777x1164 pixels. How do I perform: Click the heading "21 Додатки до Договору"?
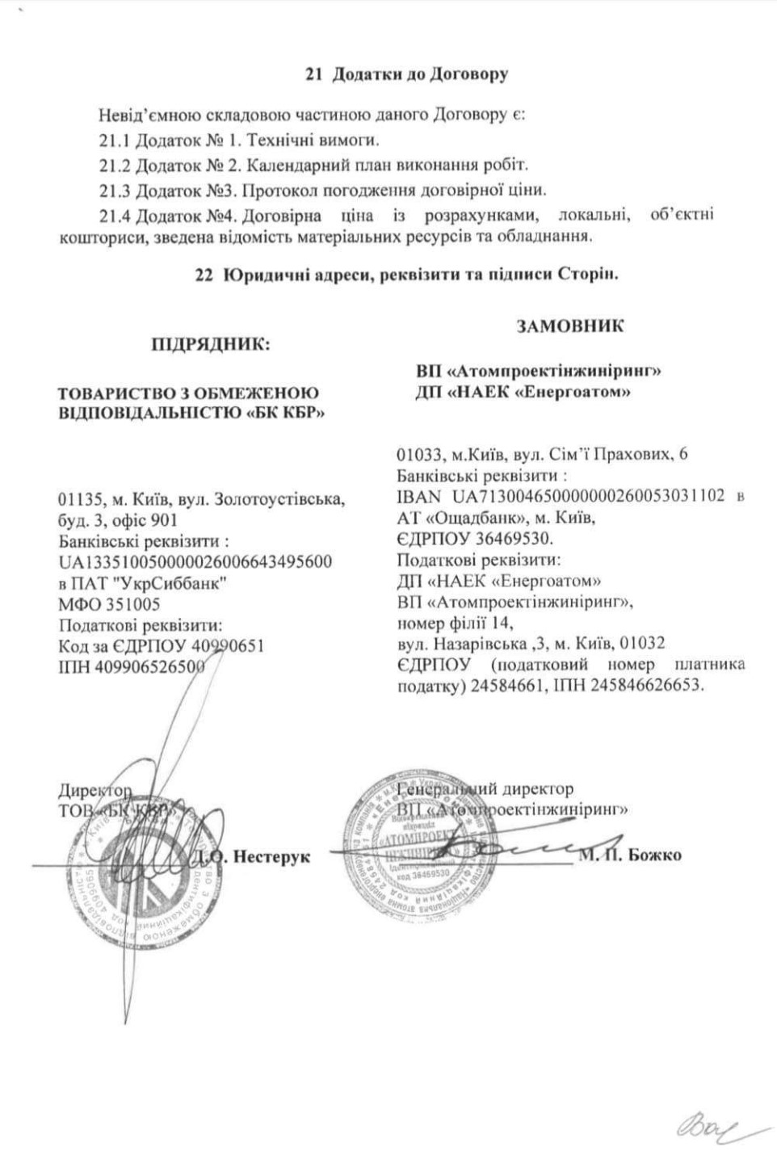(x=406, y=74)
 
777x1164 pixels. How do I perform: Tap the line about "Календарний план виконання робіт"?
(x=313, y=166)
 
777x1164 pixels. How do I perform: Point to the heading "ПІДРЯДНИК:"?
(x=211, y=345)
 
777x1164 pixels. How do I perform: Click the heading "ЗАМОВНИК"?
(x=570, y=326)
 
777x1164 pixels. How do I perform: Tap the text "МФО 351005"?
(x=109, y=604)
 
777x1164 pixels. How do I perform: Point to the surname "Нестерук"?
(x=271, y=856)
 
